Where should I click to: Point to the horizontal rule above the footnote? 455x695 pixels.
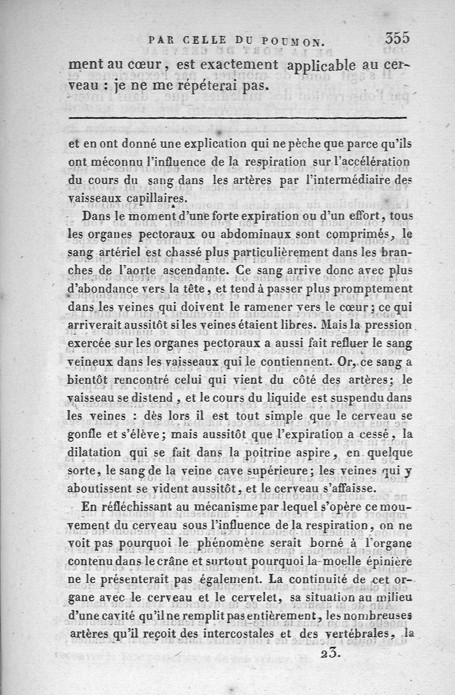tap(238, 118)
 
